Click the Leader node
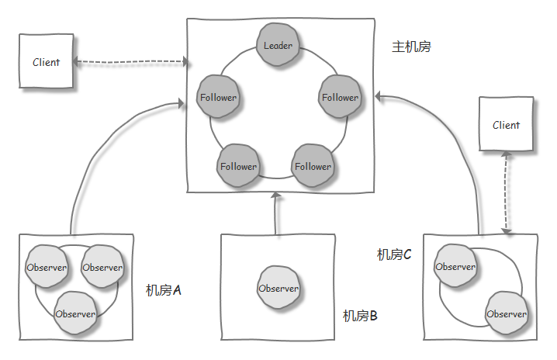[278, 46]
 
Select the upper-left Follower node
[218, 98]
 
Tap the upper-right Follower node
[341, 98]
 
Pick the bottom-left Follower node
[238, 166]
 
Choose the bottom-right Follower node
[313, 166]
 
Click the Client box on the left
[46, 62]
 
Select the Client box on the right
[507, 125]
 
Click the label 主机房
[411, 47]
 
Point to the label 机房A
[164, 290]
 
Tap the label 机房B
[360, 316]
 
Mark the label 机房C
[394, 254]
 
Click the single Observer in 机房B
[278, 289]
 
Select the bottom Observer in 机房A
[75, 314]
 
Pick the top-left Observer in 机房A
[47, 268]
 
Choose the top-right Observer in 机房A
[102, 268]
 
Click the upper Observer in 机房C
[455, 267]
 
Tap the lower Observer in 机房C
[507, 314]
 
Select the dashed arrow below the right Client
[507, 192]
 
